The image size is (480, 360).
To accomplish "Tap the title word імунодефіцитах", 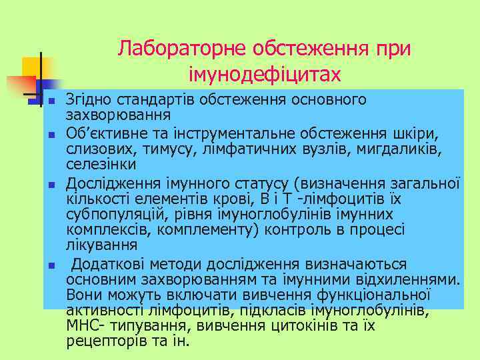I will click(x=265, y=73).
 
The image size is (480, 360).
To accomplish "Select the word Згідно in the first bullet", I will click(x=89, y=101).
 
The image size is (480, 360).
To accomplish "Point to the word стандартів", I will click(x=147, y=101).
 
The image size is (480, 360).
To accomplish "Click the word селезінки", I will click(x=101, y=163).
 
